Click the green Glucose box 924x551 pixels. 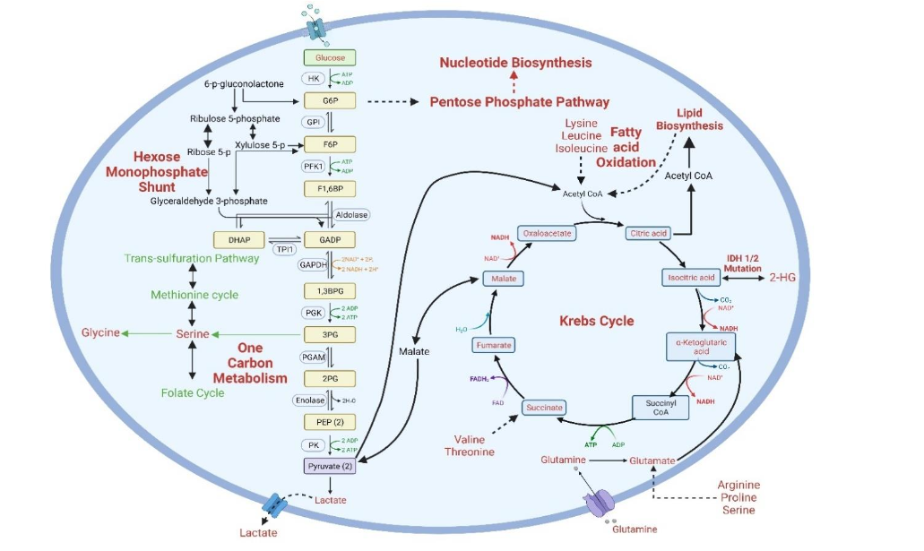[x=331, y=57]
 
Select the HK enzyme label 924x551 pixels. [x=313, y=78]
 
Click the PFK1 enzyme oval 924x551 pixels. [x=314, y=166]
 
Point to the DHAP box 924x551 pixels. [x=238, y=240]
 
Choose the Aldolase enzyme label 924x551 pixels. [x=350, y=215]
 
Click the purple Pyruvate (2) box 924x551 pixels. [x=331, y=466]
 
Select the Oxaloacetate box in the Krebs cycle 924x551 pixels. [x=548, y=232]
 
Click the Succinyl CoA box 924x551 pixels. [x=661, y=408]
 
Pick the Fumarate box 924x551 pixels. [x=494, y=345]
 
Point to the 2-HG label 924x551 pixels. [x=782, y=278]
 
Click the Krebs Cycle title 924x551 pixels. [x=596, y=321]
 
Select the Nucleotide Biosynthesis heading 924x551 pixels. [x=515, y=63]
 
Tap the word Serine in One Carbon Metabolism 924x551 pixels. [x=192, y=333]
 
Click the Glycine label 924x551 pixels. [x=100, y=332]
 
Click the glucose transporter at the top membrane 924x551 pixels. [x=318, y=27]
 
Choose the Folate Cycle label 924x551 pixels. [x=193, y=392]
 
